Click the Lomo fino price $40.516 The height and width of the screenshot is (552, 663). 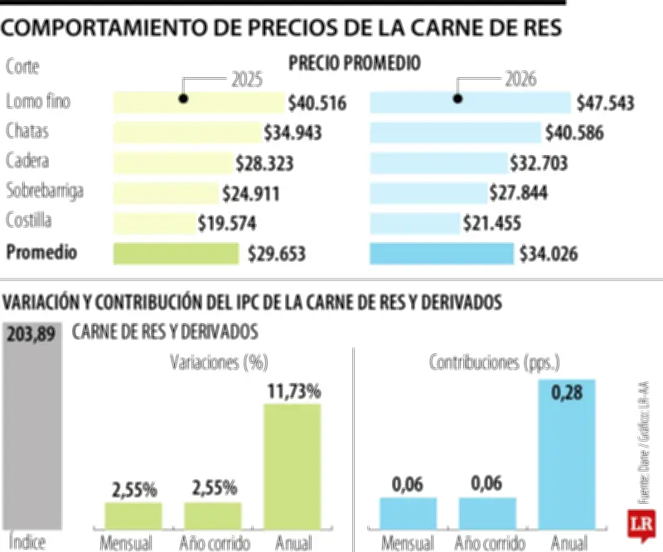317,104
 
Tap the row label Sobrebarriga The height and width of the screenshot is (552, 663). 45,191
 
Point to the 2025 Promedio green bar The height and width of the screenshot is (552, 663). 176,254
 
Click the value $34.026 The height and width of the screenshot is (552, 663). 549,254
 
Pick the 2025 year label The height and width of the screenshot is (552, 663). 247,80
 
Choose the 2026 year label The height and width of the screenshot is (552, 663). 520,80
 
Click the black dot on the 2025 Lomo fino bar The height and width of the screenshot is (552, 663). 183,99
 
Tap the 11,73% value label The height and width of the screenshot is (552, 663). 293,390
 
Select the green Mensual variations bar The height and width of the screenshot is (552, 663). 133,515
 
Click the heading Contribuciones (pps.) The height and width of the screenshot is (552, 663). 495,362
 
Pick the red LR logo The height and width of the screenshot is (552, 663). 642,525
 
